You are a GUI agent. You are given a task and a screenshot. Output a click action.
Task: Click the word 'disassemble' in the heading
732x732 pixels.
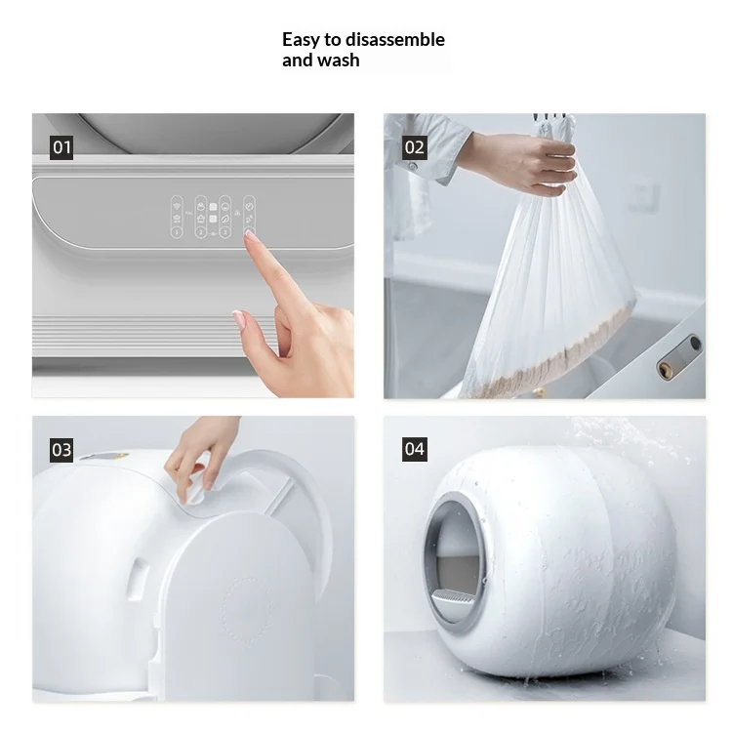(394, 40)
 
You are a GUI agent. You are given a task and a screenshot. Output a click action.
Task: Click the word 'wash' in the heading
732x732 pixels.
(339, 61)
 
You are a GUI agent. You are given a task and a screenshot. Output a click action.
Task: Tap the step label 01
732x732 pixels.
(61, 147)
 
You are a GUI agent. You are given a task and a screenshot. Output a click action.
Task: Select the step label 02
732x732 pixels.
(414, 147)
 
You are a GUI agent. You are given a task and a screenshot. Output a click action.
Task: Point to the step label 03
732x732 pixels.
(61, 450)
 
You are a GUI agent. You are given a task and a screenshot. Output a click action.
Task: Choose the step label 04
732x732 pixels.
(414, 449)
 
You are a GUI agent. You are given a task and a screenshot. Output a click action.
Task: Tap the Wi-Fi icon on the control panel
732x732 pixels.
(177, 205)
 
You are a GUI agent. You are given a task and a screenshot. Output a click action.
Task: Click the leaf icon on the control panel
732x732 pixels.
(225, 218)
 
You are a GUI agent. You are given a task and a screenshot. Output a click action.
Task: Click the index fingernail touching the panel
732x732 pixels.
(251, 236)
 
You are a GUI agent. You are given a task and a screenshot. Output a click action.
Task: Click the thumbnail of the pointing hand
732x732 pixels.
(238, 318)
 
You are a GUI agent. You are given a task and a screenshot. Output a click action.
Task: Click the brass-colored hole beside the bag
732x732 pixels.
(664, 369)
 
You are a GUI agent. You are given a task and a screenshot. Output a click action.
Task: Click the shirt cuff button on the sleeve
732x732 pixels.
(413, 166)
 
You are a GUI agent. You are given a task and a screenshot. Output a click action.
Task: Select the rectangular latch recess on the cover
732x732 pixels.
(140, 578)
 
